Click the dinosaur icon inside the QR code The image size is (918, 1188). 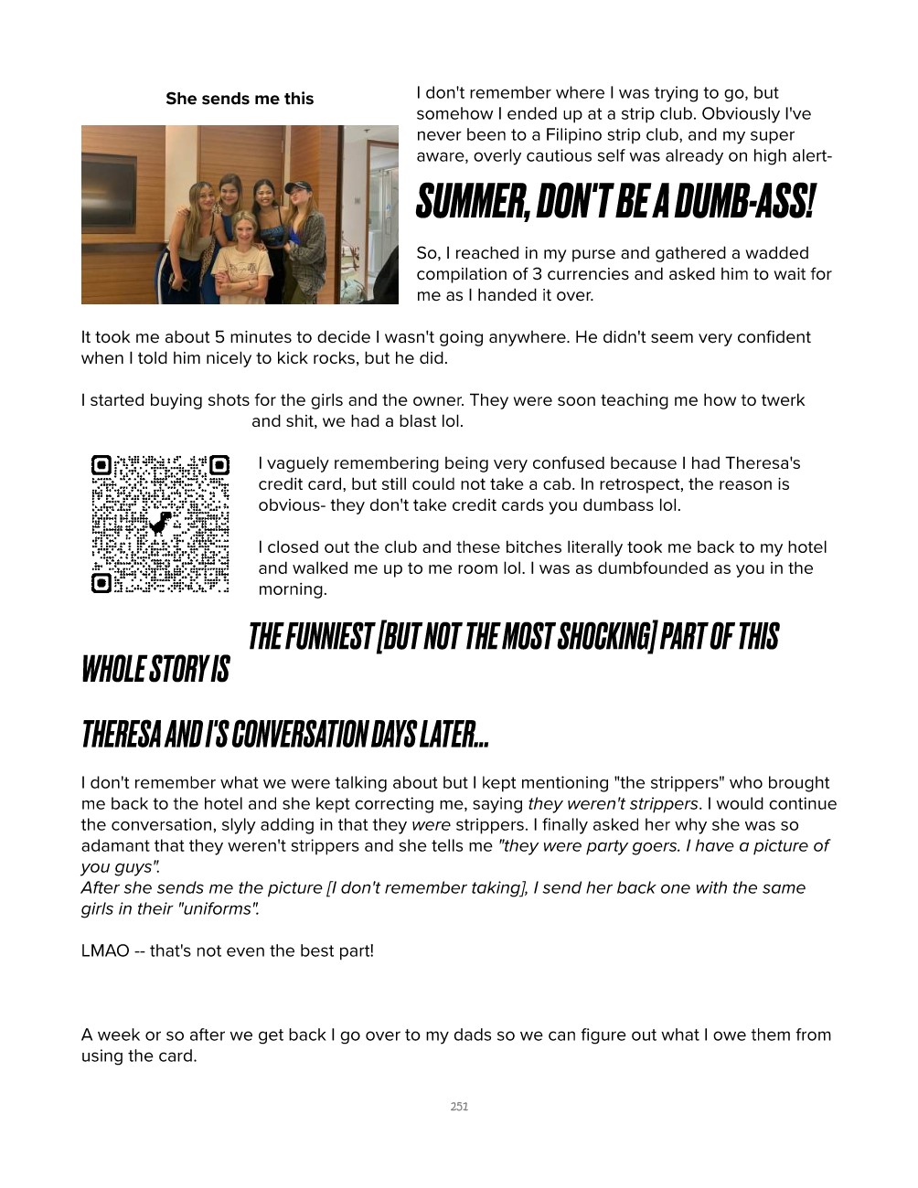(x=161, y=524)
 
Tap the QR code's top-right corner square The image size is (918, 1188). (x=219, y=465)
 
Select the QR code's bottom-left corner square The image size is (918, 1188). (x=101, y=582)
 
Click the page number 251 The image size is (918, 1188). (x=459, y=1107)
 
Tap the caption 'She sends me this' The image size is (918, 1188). (x=240, y=99)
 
